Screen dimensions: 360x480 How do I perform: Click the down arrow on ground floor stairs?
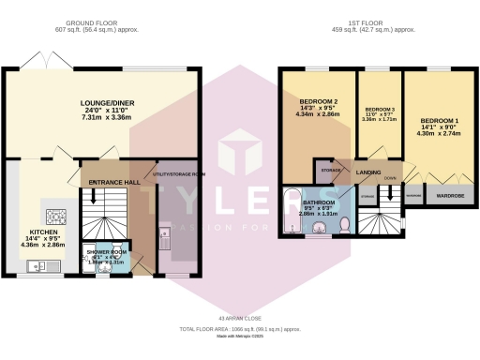(92, 199)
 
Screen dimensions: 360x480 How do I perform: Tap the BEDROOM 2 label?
(319, 101)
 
